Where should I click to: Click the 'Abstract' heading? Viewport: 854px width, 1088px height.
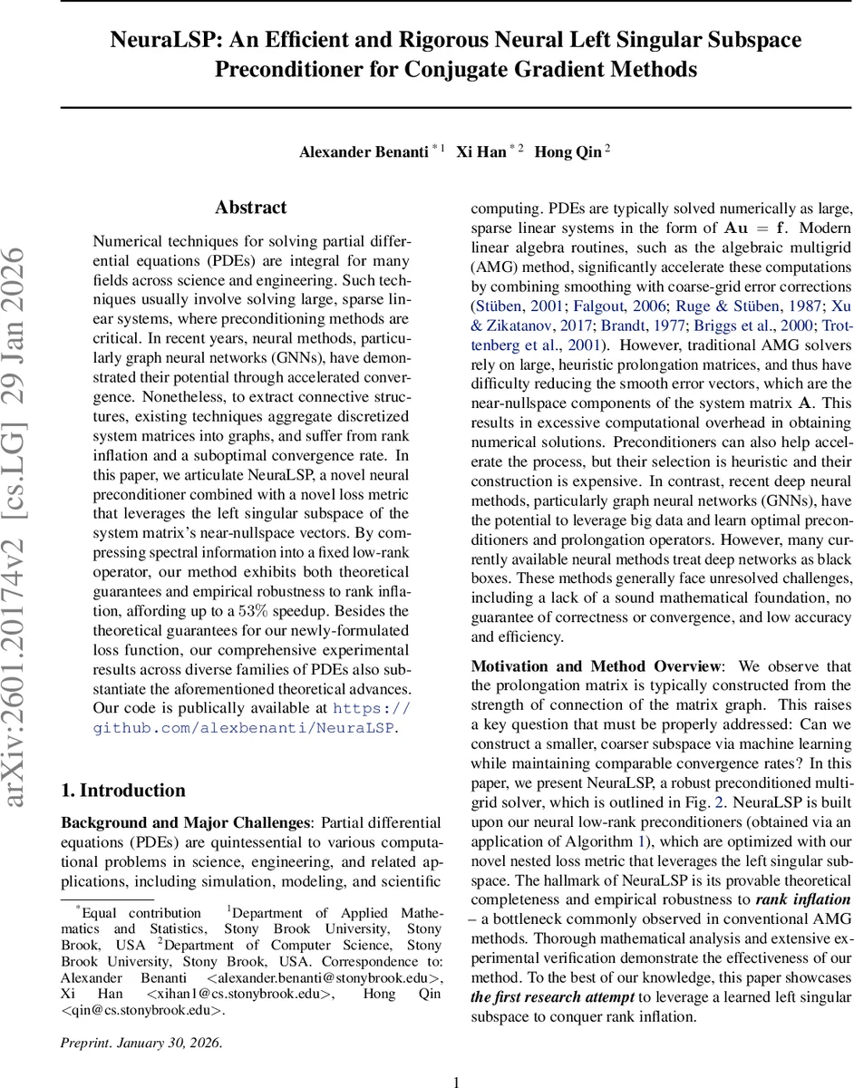250,208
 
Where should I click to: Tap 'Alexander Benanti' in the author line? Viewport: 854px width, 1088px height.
364,152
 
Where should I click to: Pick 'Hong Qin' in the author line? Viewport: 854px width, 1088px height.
568,152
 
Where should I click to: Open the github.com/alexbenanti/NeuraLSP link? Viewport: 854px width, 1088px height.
245,727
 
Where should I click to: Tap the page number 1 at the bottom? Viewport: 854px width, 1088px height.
456,1081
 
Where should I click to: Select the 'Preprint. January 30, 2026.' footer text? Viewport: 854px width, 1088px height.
141,1042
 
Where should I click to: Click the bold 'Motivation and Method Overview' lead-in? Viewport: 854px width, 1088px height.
595,666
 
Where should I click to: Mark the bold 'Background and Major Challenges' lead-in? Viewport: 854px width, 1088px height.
184,823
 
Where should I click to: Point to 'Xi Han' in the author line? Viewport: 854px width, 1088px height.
480,152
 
